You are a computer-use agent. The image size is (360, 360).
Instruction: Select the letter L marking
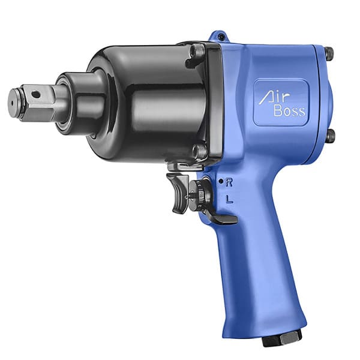[229, 199]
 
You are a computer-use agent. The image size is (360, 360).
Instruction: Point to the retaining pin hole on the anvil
[37, 94]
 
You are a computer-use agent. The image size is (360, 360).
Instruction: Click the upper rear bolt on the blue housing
[329, 54]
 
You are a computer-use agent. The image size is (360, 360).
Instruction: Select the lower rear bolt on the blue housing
[330, 136]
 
